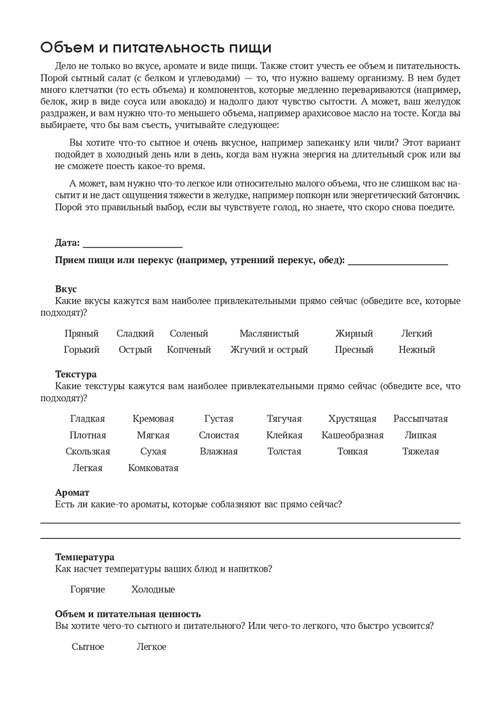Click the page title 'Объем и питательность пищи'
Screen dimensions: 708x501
coord(156,48)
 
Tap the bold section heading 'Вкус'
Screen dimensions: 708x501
coord(66,289)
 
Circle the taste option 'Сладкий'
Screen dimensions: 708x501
coord(135,334)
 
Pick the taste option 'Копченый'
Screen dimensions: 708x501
coord(189,350)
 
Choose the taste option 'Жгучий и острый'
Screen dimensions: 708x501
coord(269,350)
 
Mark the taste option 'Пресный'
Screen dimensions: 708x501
coord(354,350)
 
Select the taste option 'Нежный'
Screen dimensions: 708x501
coord(417,350)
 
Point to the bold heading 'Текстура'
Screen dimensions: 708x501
coord(76,374)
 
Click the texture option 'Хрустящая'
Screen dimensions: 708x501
coord(352,419)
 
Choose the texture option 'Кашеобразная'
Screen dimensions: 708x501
coord(353,435)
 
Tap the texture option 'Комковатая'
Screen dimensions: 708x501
coord(153,468)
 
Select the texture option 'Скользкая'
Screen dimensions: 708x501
coord(88,451)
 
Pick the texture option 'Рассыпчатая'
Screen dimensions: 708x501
coord(421,419)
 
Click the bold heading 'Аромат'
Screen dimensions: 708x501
coord(72,493)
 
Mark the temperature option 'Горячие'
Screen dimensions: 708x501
coord(88,589)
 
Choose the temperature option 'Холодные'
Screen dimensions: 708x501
coord(153,589)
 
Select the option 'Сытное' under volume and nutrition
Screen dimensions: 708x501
coord(88,647)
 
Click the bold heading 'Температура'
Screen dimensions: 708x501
coord(85,557)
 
